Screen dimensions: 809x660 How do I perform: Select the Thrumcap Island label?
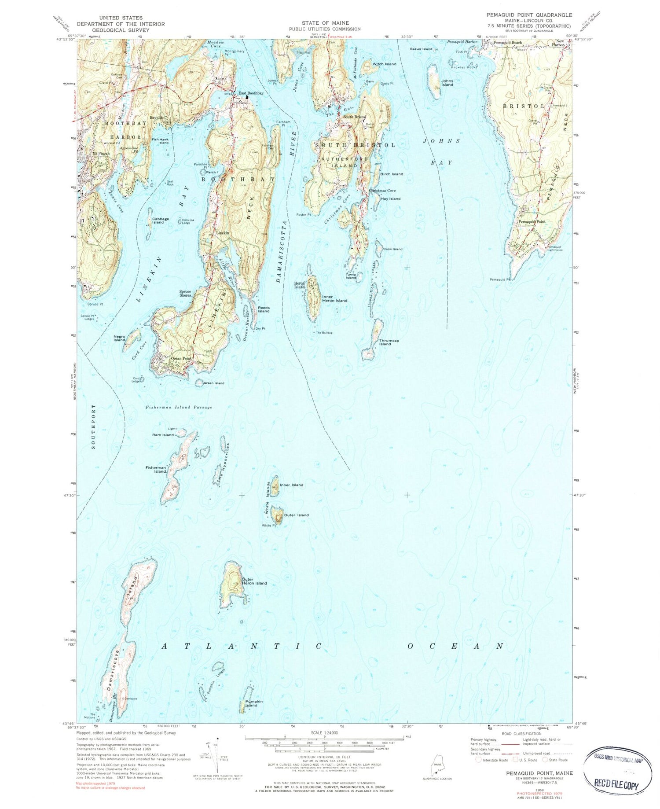click(385, 342)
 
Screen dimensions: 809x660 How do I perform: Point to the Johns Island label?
click(447, 83)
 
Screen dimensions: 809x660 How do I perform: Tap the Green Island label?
click(213, 383)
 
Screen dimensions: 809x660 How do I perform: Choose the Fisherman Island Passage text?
click(179, 408)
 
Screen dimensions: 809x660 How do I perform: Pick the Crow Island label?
click(392, 249)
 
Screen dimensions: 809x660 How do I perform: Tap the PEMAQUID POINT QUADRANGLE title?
click(529, 15)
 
